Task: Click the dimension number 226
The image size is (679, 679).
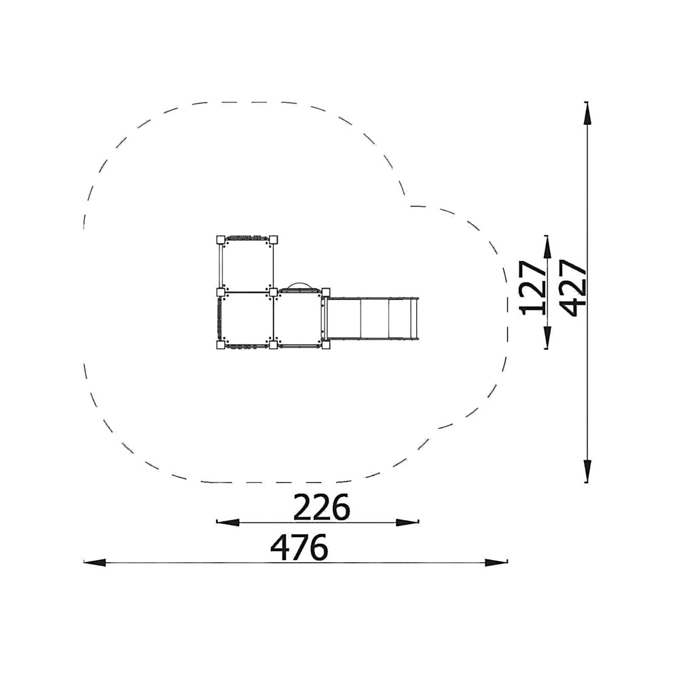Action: [321, 507]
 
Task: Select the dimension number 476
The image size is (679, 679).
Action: [299, 547]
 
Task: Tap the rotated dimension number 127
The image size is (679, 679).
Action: [534, 287]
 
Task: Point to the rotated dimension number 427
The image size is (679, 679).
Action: [573, 288]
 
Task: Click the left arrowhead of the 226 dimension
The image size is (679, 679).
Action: [227, 522]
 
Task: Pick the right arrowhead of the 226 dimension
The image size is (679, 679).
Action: [407, 522]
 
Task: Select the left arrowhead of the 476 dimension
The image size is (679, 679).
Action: [95, 562]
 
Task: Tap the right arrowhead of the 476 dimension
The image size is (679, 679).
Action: [496, 562]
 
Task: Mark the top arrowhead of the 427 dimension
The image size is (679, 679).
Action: [587, 114]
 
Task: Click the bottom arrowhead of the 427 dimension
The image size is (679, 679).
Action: [587, 471]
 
